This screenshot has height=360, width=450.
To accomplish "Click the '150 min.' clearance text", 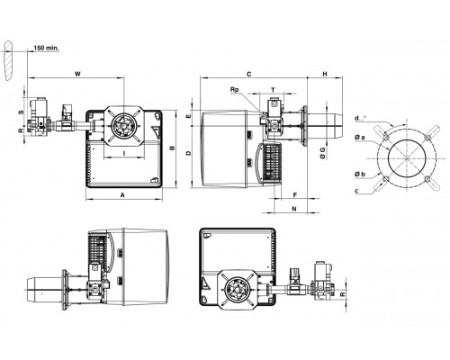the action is [46, 48].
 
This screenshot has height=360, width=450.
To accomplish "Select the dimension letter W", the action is [77, 74].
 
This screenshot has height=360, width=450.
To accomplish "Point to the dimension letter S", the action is [21, 112].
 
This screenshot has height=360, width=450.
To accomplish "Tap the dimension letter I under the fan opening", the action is [124, 153].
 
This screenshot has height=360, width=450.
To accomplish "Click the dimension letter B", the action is [172, 148].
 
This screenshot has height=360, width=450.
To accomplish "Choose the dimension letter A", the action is [122, 195].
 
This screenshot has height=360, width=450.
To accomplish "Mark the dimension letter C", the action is [248, 74].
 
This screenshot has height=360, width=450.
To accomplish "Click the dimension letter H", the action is [325, 74].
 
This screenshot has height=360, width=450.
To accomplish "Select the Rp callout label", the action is [234, 89].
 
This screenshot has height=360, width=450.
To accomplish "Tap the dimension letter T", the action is [273, 90].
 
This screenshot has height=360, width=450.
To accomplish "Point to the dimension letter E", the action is [188, 116].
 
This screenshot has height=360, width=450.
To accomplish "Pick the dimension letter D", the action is [188, 153].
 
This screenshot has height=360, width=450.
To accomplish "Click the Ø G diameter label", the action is [323, 153].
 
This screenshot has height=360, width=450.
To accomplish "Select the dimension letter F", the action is [295, 195].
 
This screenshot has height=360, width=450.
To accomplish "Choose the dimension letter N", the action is [294, 209].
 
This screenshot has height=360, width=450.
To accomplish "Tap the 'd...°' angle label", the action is [360, 118].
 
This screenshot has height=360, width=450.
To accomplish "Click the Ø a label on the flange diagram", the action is [360, 138].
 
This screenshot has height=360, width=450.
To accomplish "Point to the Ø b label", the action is [360, 174].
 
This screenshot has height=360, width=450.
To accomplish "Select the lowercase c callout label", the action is [356, 191].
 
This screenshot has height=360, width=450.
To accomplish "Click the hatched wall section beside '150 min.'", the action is [9, 60].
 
